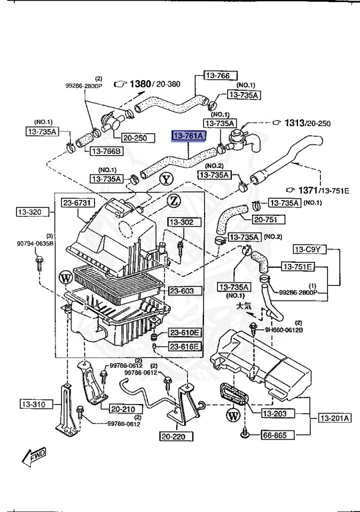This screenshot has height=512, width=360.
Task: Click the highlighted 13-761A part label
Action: tap(189, 136)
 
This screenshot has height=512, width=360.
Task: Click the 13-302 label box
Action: tap(180, 222)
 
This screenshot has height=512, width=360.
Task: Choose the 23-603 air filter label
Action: tap(181, 291)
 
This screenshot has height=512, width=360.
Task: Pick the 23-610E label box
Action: tap(183, 332)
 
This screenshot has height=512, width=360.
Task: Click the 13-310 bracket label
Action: tap(32, 404)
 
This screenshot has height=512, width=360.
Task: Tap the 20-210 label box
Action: tap(123, 409)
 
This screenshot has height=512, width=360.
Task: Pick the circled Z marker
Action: tap(173, 200)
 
